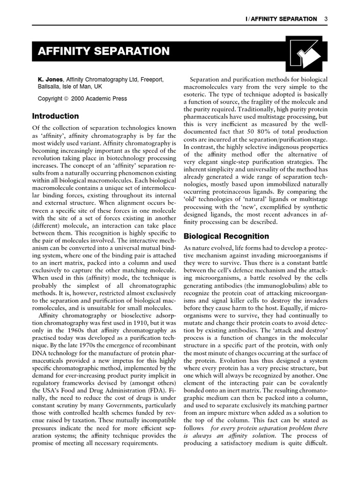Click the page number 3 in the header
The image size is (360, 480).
click(x=325, y=19)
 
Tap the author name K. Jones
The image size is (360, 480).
click(x=50, y=80)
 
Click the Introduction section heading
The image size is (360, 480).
click(x=55, y=116)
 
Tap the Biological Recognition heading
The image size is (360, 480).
click(x=226, y=236)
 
